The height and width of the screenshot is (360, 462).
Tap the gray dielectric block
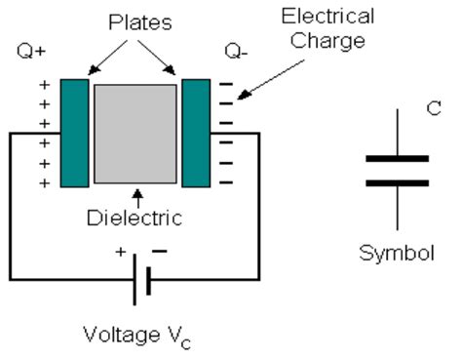(135, 133)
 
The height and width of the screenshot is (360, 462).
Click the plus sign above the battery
(122, 253)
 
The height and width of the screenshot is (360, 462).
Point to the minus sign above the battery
(160, 252)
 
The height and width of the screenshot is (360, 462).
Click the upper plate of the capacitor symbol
(396, 158)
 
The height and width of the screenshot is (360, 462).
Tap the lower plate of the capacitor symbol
(396, 182)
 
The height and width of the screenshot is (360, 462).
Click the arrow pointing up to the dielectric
(135, 191)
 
